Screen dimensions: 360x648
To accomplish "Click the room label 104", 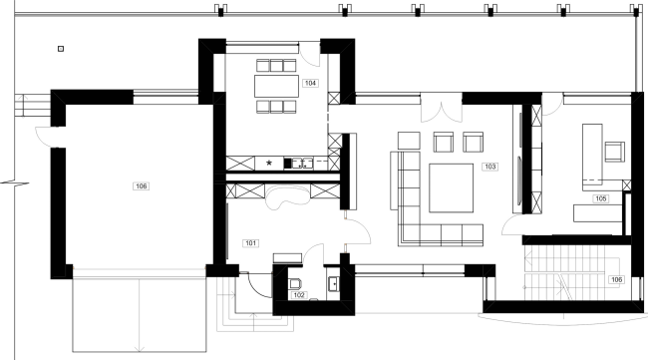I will [311, 84].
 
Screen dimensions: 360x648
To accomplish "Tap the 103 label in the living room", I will [489, 167].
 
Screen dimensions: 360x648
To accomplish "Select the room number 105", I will [601, 198].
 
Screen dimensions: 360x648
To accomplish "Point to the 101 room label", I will [250, 241].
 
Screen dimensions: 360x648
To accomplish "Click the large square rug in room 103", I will [455, 188].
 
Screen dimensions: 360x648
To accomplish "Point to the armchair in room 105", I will [613, 152].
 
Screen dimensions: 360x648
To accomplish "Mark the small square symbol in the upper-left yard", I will [61, 48].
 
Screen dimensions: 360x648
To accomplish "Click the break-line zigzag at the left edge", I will [7, 183].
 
